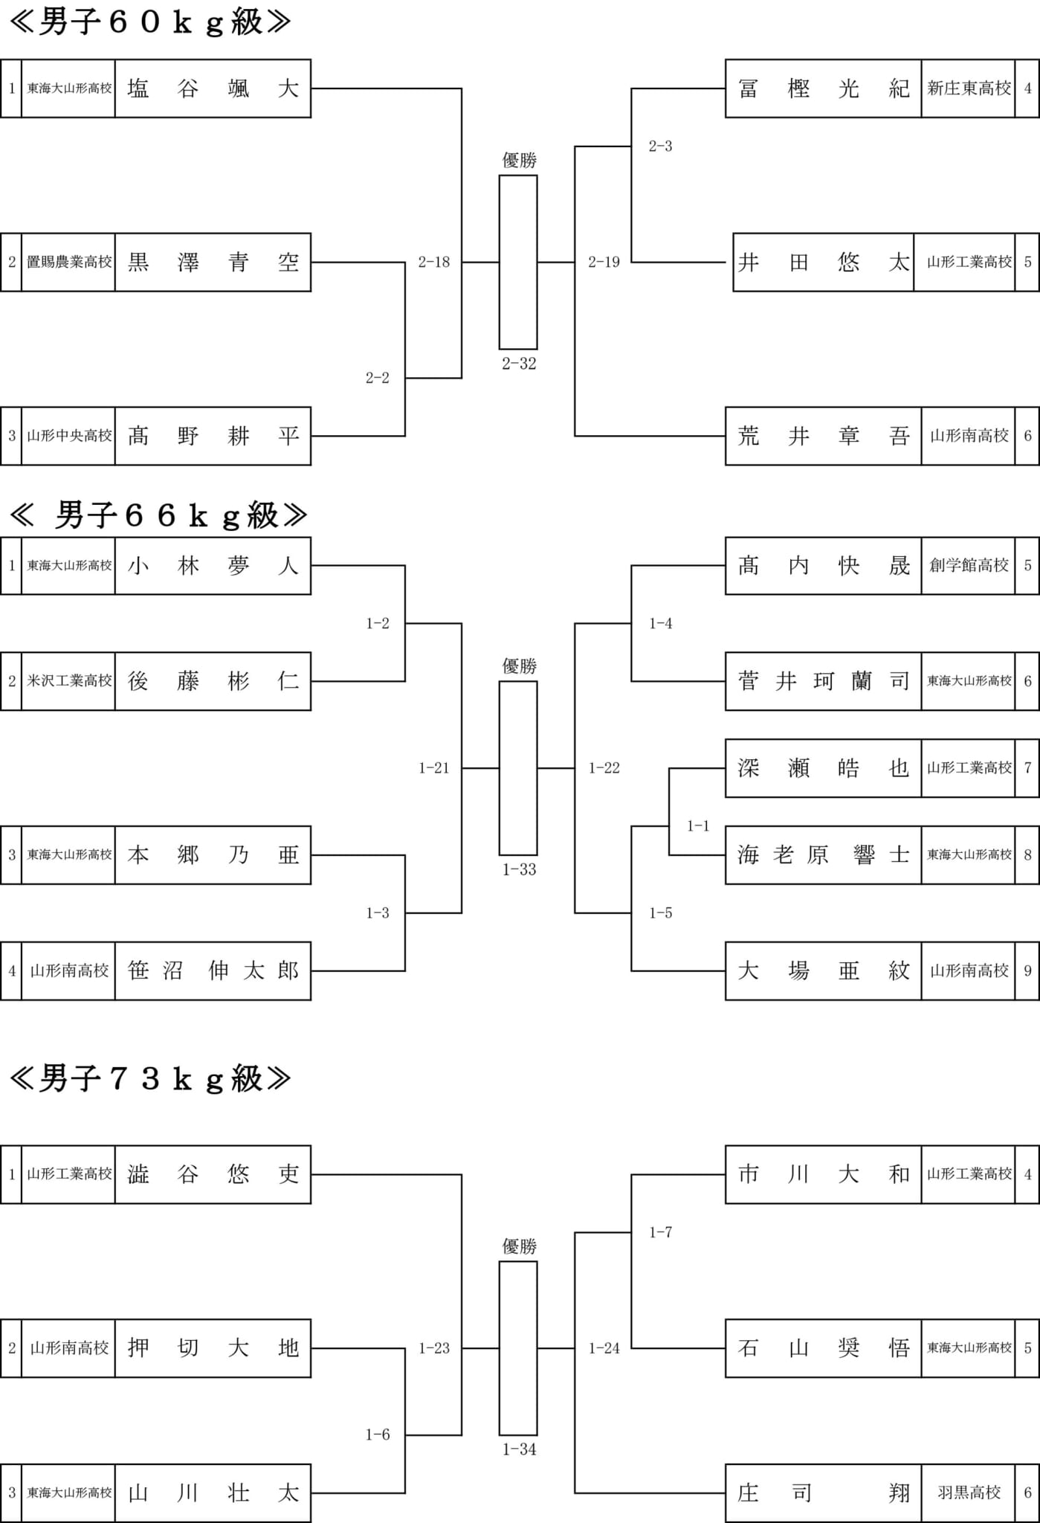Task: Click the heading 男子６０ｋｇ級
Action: point(149,22)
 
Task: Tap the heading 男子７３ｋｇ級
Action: point(149,1078)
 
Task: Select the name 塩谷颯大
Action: point(213,88)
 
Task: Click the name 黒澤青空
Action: point(213,262)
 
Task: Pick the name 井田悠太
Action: point(824,262)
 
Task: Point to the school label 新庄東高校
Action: point(969,88)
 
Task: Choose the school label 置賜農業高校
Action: point(69,262)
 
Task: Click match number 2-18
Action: point(434,262)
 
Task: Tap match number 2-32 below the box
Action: point(519,364)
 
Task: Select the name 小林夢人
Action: point(213,566)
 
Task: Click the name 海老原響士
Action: point(824,855)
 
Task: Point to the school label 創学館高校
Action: point(969,566)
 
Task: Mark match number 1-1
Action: point(698,825)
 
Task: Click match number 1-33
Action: point(519,869)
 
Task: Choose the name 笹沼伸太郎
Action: point(213,970)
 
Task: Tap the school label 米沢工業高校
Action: point(69,681)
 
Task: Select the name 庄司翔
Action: point(824,1493)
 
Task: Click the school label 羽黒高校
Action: point(969,1493)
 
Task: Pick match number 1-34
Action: point(519,1449)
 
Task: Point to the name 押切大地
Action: point(213,1347)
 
